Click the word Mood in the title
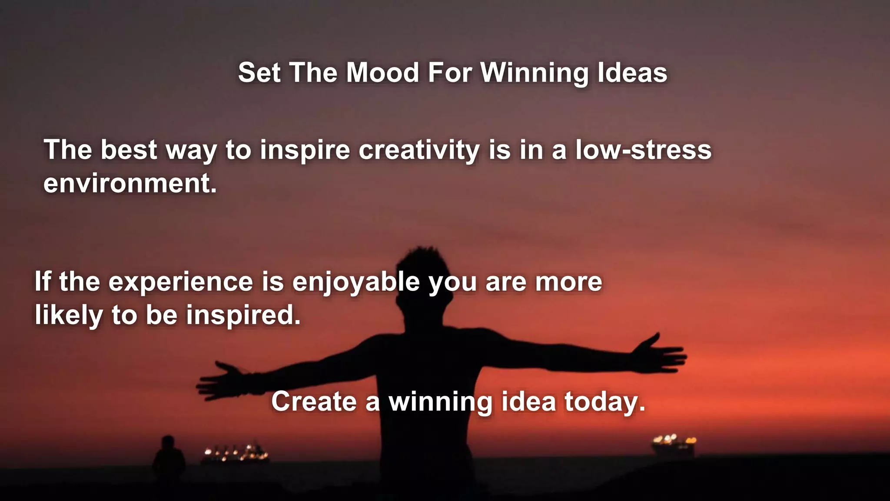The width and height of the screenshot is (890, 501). [x=382, y=72]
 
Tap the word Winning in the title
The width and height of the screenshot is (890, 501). [x=534, y=73]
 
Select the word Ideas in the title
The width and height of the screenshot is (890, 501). [x=632, y=72]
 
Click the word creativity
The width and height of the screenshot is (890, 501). [x=418, y=150]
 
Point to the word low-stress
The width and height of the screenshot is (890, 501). [x=643, y=150]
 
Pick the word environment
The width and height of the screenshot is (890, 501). [x=130, y=184]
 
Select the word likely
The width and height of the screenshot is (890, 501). [x=69, y=316]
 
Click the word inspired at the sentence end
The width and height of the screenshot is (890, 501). [x=243, y=316]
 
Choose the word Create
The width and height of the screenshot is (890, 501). [x=314, y=401]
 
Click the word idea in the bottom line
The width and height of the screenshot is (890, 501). [x=528, y=401]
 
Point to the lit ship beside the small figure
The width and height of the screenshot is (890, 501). [x=235, y=454]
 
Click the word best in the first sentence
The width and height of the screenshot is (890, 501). [x=129, y=150]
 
